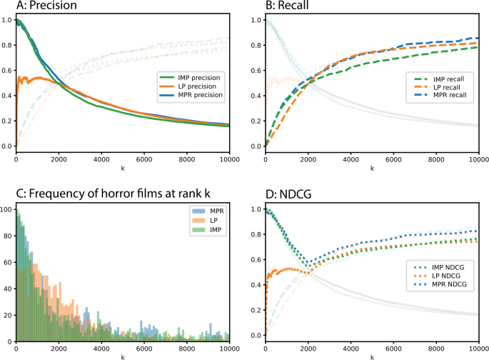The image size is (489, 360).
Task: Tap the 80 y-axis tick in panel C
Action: click(6, 236)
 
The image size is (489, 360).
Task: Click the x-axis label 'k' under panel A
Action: click(122, 169)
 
